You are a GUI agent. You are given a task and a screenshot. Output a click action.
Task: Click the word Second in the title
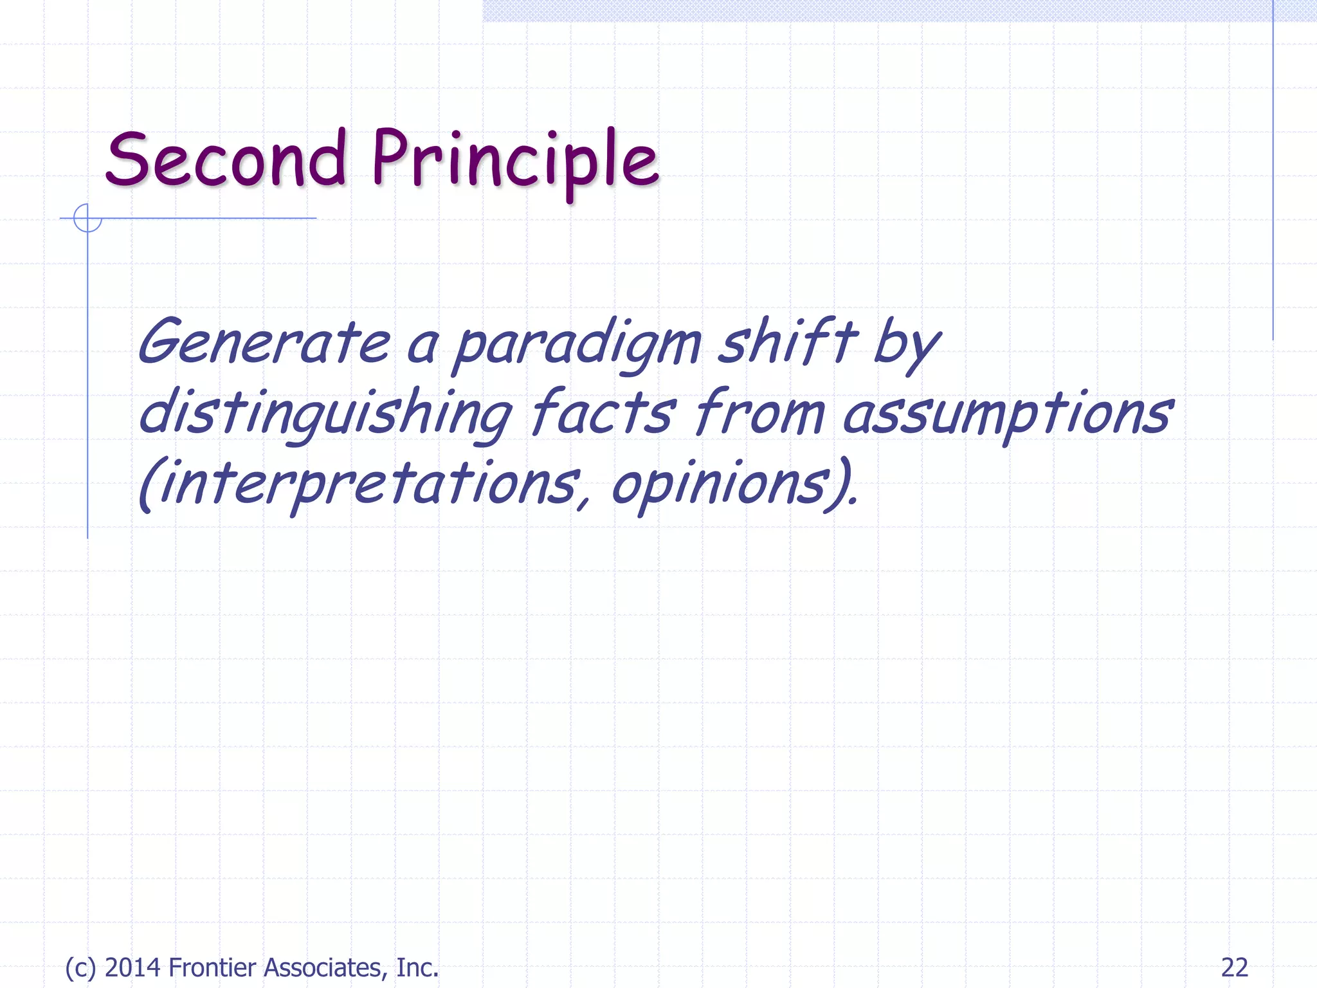pyautogui.click(x=226, y=160)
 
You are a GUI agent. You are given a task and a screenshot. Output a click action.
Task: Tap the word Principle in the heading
pyautogui.click(x=514, y=161)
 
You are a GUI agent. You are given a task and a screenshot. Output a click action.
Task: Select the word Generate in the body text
pyautogui.click(x=264, y=342)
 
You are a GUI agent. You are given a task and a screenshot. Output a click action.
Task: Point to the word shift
pyautogui.click(x=787, y=341)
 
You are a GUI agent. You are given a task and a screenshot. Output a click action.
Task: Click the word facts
pyautogui.click(x=603, y=412)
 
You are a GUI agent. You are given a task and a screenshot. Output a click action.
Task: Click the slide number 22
pyautogui.click(x=1234, y=967)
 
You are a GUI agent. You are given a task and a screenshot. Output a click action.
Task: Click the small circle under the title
pyautogui.click(x=87, y=218)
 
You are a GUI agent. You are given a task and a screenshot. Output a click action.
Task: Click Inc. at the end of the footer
pyautogui.click(x=417, y=967)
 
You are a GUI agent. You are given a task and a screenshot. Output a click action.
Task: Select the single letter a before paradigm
pyautogui.click(x=422, y=347)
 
